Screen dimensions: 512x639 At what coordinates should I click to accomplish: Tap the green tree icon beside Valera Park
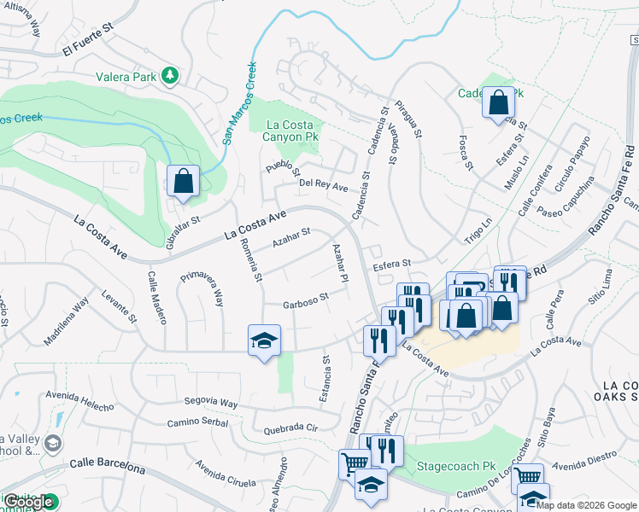pyautogui.click(x=170, y=76)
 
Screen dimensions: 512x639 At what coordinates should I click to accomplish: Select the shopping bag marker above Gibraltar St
pyautogui.click(x=183, y=181)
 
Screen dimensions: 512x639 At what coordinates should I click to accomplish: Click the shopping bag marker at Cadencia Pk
pyautogui.click(x=498, y=103)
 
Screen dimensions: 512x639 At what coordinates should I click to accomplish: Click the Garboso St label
pyautogui.click(x=306, y=300)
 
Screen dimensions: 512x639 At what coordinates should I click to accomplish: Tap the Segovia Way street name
pyautogui.click(x=214, y=403)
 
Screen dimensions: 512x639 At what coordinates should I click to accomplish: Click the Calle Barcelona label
pyautogui.click(x=107, y=466)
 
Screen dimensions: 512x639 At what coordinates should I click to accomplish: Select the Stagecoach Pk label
pyautogui.click(x=455, y=468)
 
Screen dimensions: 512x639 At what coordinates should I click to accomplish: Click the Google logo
pyautogui.click(x=29, y=502)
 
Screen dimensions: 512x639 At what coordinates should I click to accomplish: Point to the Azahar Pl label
pyautogui.click(x=340, y=265)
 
